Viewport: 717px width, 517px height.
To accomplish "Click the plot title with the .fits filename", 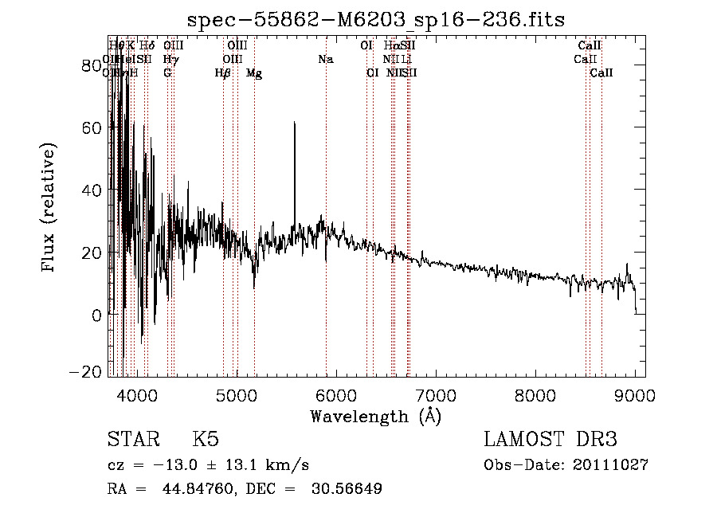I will click(x=375, y=20).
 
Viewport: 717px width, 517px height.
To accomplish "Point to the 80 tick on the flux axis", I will click(x=109, y=65).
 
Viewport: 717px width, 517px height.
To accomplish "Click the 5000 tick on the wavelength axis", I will click(x=237, y=376).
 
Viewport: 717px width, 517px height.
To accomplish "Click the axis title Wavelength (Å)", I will click(x=375, y=416).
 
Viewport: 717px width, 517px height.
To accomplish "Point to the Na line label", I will click(x=325, y=59).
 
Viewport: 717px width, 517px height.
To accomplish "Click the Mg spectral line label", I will click(x=254, y=73).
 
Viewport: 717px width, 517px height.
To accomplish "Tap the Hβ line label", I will click(x=223, y=73).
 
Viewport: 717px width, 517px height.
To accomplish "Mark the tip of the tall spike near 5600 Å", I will click(x=295, y=122).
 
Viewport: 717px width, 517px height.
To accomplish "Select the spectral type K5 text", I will click(x=206, y=440).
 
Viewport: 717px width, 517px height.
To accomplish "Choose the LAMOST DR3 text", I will click(x=550, y=440).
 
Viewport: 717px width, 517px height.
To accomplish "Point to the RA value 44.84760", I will click(x=192, y=489).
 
